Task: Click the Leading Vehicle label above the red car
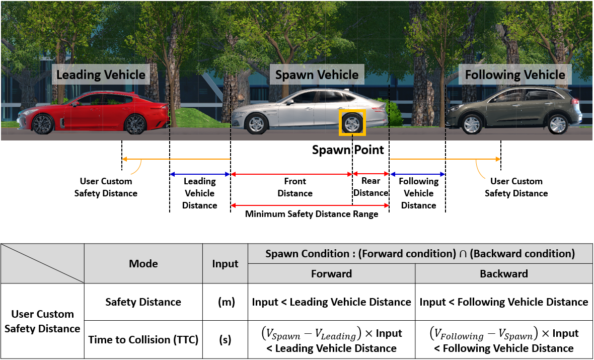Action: tap(101, 76)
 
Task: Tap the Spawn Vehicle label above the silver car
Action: tap(317, 76)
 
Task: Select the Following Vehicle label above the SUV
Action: tap(515, 76)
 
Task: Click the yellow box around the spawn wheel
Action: tap(352, 123)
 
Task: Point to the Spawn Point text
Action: tap(348, 150)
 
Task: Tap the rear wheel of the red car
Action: tap(135, 124)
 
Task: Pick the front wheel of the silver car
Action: tap(257, 123)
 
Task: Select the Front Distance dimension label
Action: tap(295, 187)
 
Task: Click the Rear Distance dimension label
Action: tap(371, 187)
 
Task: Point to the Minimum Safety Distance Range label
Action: tap(312, 214)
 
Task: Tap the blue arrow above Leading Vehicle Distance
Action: tap(200, 174)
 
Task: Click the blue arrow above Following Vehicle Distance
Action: tap(417, 174)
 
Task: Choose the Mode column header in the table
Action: tap(143, 263)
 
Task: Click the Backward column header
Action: tap(504, 273)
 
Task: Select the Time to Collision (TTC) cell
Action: tap(143, 340)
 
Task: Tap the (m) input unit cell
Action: tap(225, 302)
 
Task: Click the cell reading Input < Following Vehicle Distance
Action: tap(504, 302)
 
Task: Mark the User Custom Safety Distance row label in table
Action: tap(43, 321)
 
